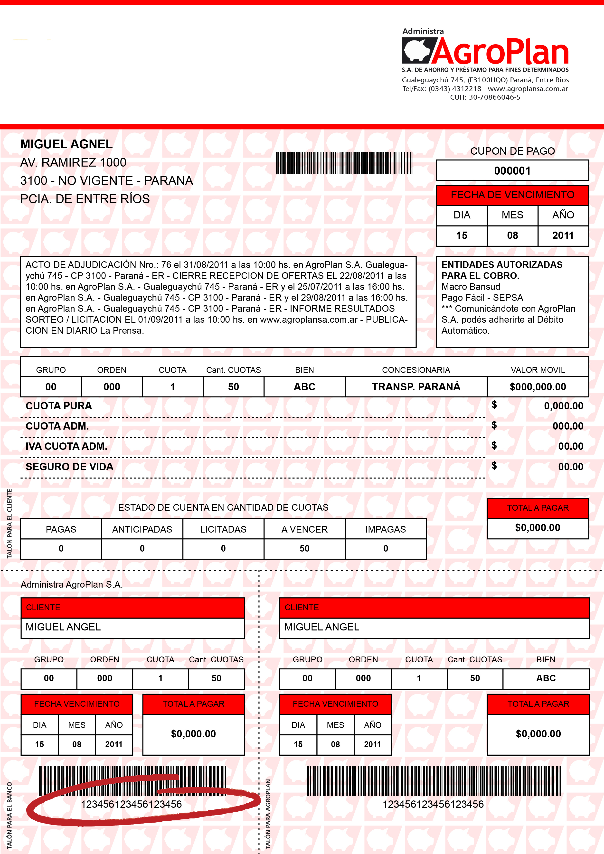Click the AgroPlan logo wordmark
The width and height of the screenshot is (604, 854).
[500, 52]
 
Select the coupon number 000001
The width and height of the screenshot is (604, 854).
[512, 171]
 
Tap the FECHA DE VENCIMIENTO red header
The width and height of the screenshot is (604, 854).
[512, 195]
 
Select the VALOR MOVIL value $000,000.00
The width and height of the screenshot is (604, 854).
[538, 387]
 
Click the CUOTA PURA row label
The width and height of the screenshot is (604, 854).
[59, 406]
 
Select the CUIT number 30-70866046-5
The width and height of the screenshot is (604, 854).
[494, 97]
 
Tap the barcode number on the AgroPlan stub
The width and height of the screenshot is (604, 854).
[433, 804]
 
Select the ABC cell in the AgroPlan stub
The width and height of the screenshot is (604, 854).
[546, 678]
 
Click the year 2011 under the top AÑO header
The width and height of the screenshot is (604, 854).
[563, 235]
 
